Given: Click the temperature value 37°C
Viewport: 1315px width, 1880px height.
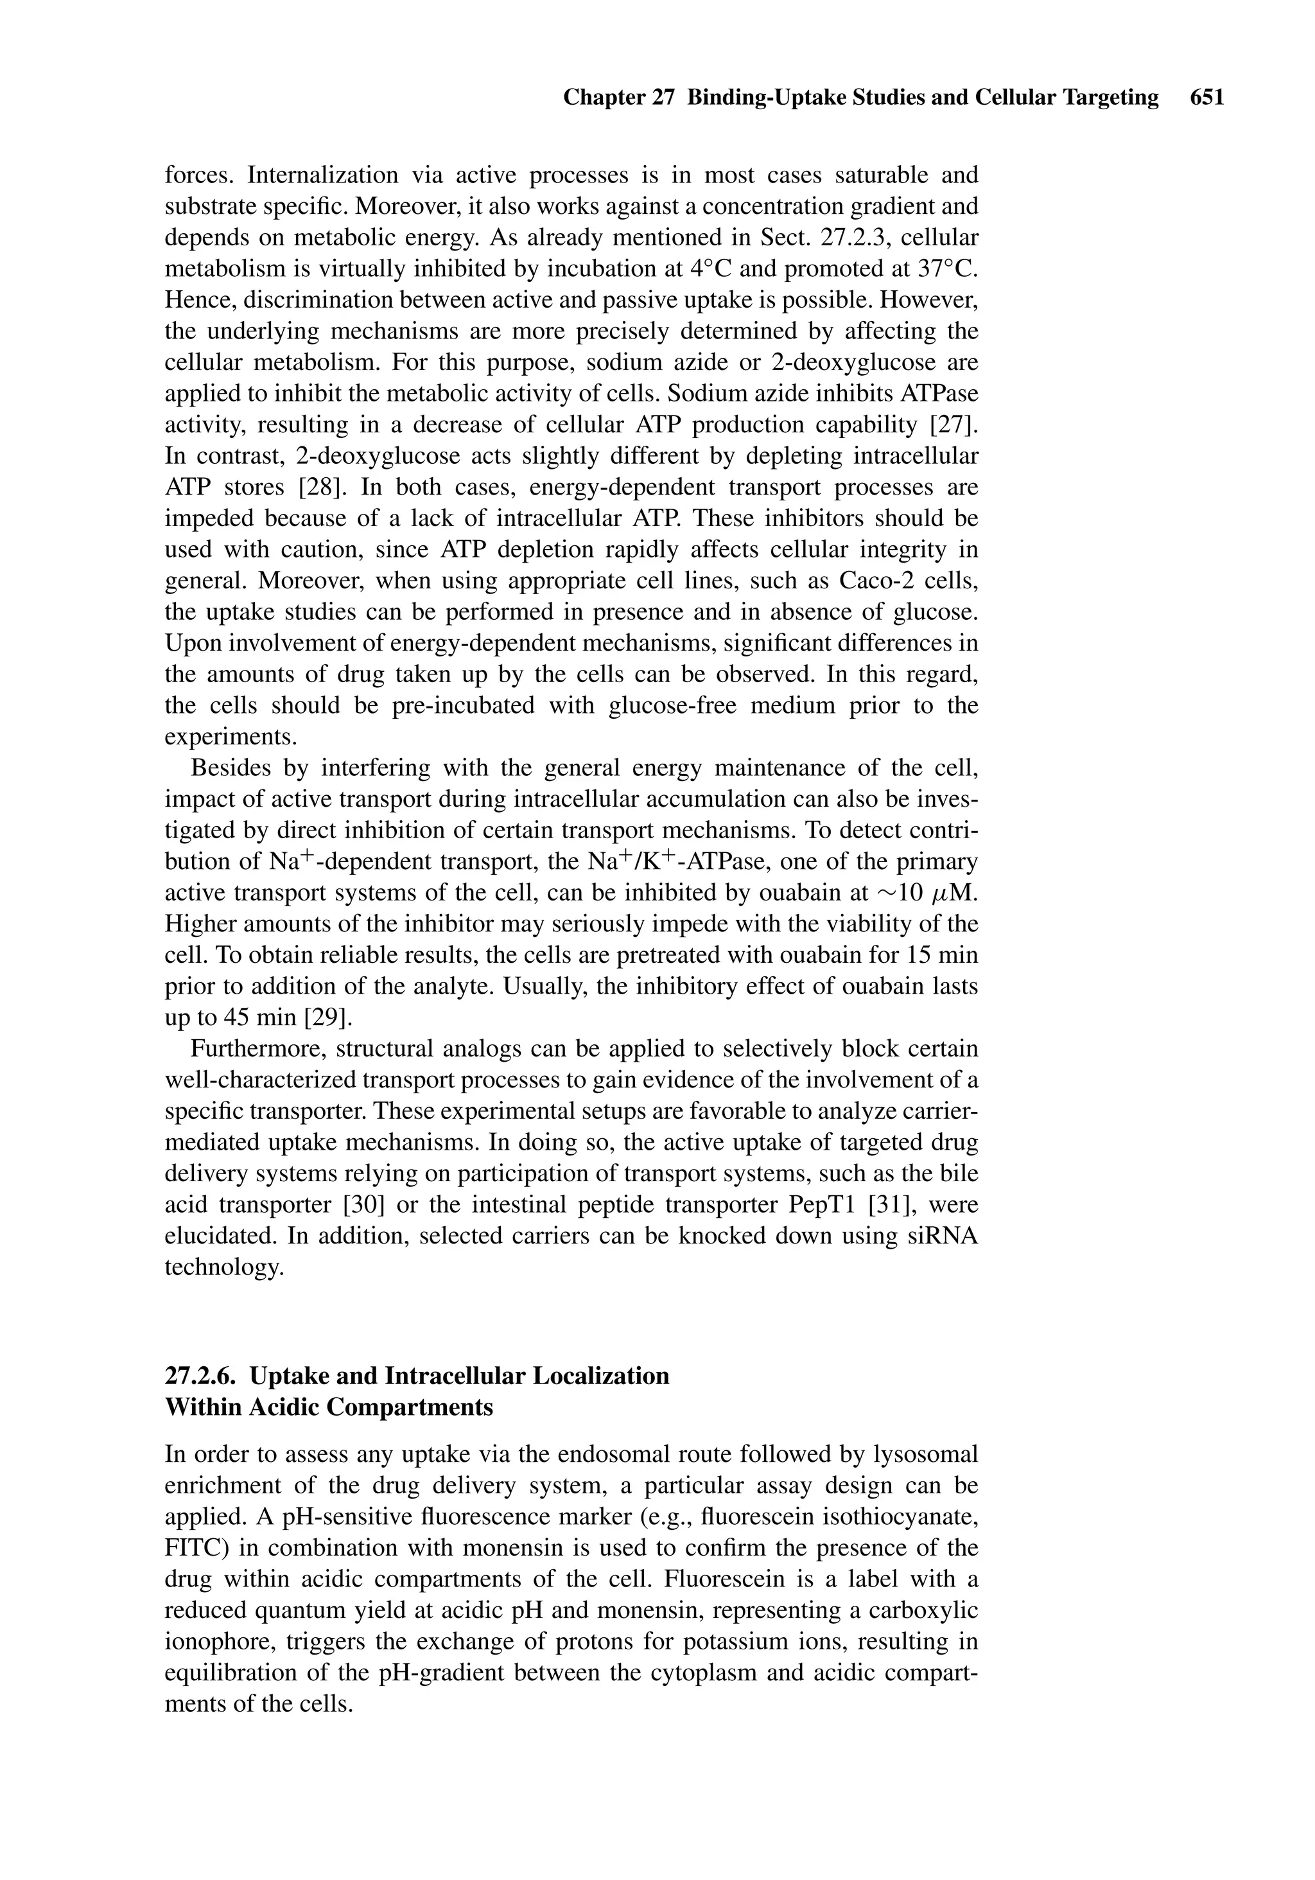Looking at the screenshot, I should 948,268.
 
